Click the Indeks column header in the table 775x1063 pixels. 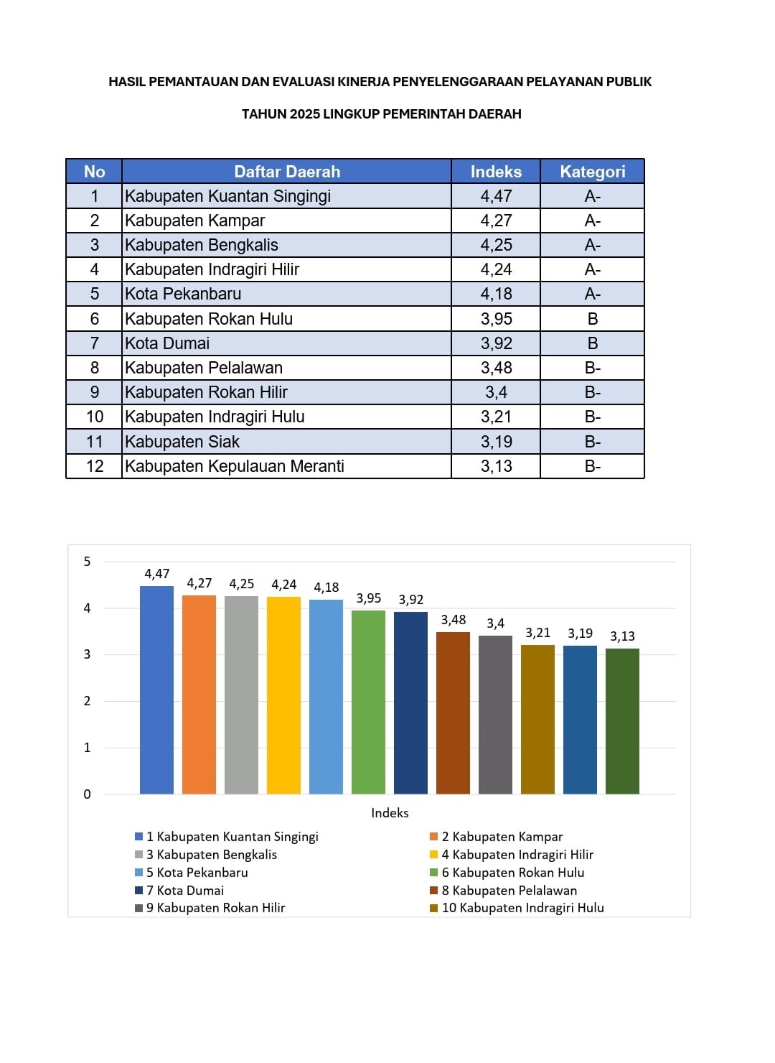coord(496,172)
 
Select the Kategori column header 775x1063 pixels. coord(592,172)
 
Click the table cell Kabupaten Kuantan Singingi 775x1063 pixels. coord(228,196)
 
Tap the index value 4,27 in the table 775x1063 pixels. coord(496,221)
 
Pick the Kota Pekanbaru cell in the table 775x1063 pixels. coord(183,294)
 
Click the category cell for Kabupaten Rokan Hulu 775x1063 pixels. coord(592,319)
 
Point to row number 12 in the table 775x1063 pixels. coord(94,466)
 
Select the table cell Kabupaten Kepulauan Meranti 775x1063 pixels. coord(235,466)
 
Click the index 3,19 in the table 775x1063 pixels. coord(496,442)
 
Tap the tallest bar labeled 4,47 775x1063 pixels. coord(156,690)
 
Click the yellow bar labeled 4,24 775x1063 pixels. coord(283,695)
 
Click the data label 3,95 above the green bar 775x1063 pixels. coord(369,598)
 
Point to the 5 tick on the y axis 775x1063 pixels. coord(88,562)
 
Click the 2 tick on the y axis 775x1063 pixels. coord(88,701)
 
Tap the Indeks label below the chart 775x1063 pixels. coord(390,813)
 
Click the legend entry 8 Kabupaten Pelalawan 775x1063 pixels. coord(509,891)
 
